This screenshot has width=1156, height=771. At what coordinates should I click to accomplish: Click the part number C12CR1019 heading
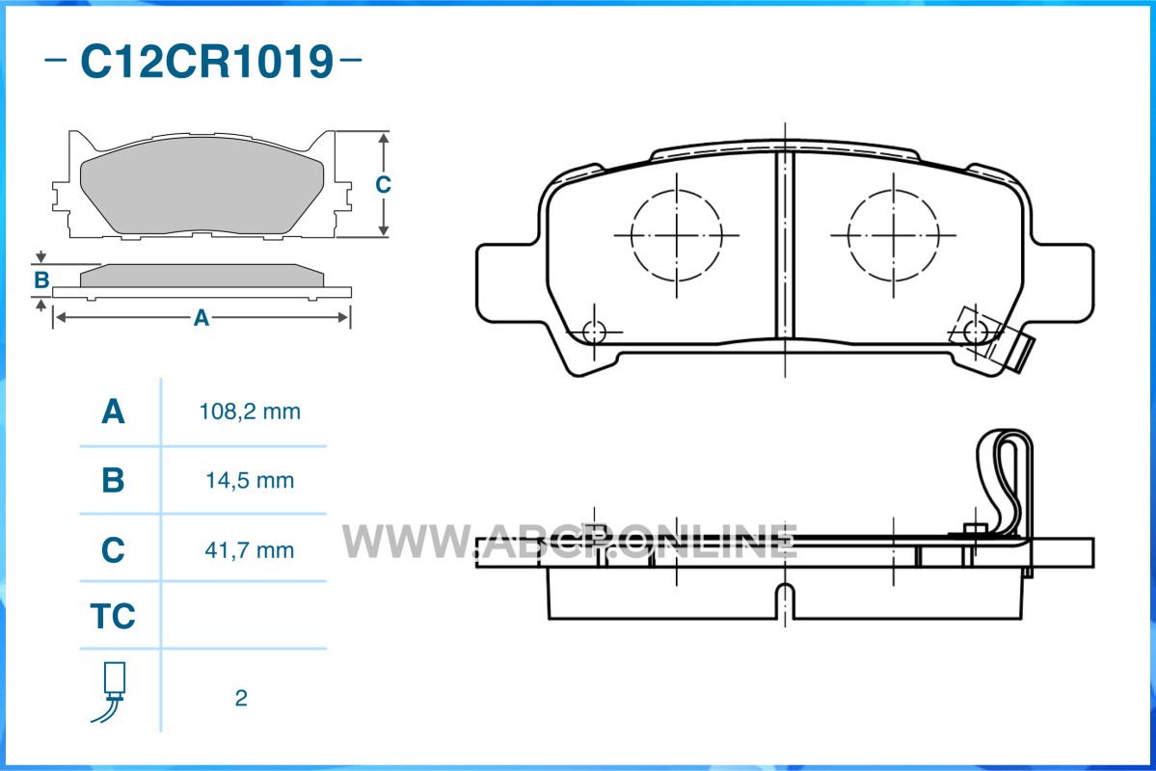206,61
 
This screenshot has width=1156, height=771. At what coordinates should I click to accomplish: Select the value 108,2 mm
250,412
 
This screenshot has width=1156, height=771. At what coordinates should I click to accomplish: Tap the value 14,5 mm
250,481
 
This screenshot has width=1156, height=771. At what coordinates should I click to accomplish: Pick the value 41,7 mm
250,550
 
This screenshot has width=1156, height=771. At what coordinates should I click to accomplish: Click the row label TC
113,616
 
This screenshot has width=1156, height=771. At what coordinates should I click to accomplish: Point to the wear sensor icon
111,692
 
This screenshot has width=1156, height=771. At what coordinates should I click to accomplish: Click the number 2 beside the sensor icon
241,698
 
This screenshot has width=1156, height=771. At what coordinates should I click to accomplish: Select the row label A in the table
113,412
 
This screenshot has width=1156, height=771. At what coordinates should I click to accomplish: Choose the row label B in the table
113,480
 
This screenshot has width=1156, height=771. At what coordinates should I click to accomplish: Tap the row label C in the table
113,550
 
